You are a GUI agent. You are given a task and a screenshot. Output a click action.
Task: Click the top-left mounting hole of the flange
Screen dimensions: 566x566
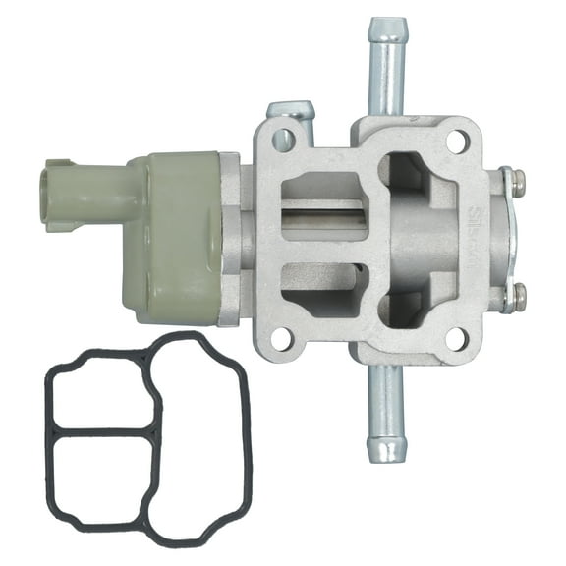(284, 141)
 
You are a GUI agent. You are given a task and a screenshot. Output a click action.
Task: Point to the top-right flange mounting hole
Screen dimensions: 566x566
(456, 141)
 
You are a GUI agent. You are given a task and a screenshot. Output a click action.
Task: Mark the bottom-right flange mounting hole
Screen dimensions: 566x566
(456, 339)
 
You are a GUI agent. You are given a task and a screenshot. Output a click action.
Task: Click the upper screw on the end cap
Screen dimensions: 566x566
(518, 182)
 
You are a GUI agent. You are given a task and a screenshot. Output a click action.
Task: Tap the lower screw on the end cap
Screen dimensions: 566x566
(518, 292)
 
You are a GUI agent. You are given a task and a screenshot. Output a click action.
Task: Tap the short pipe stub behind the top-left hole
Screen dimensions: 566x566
(290, 111)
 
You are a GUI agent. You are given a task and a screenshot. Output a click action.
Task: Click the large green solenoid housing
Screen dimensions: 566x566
(182, 236)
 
